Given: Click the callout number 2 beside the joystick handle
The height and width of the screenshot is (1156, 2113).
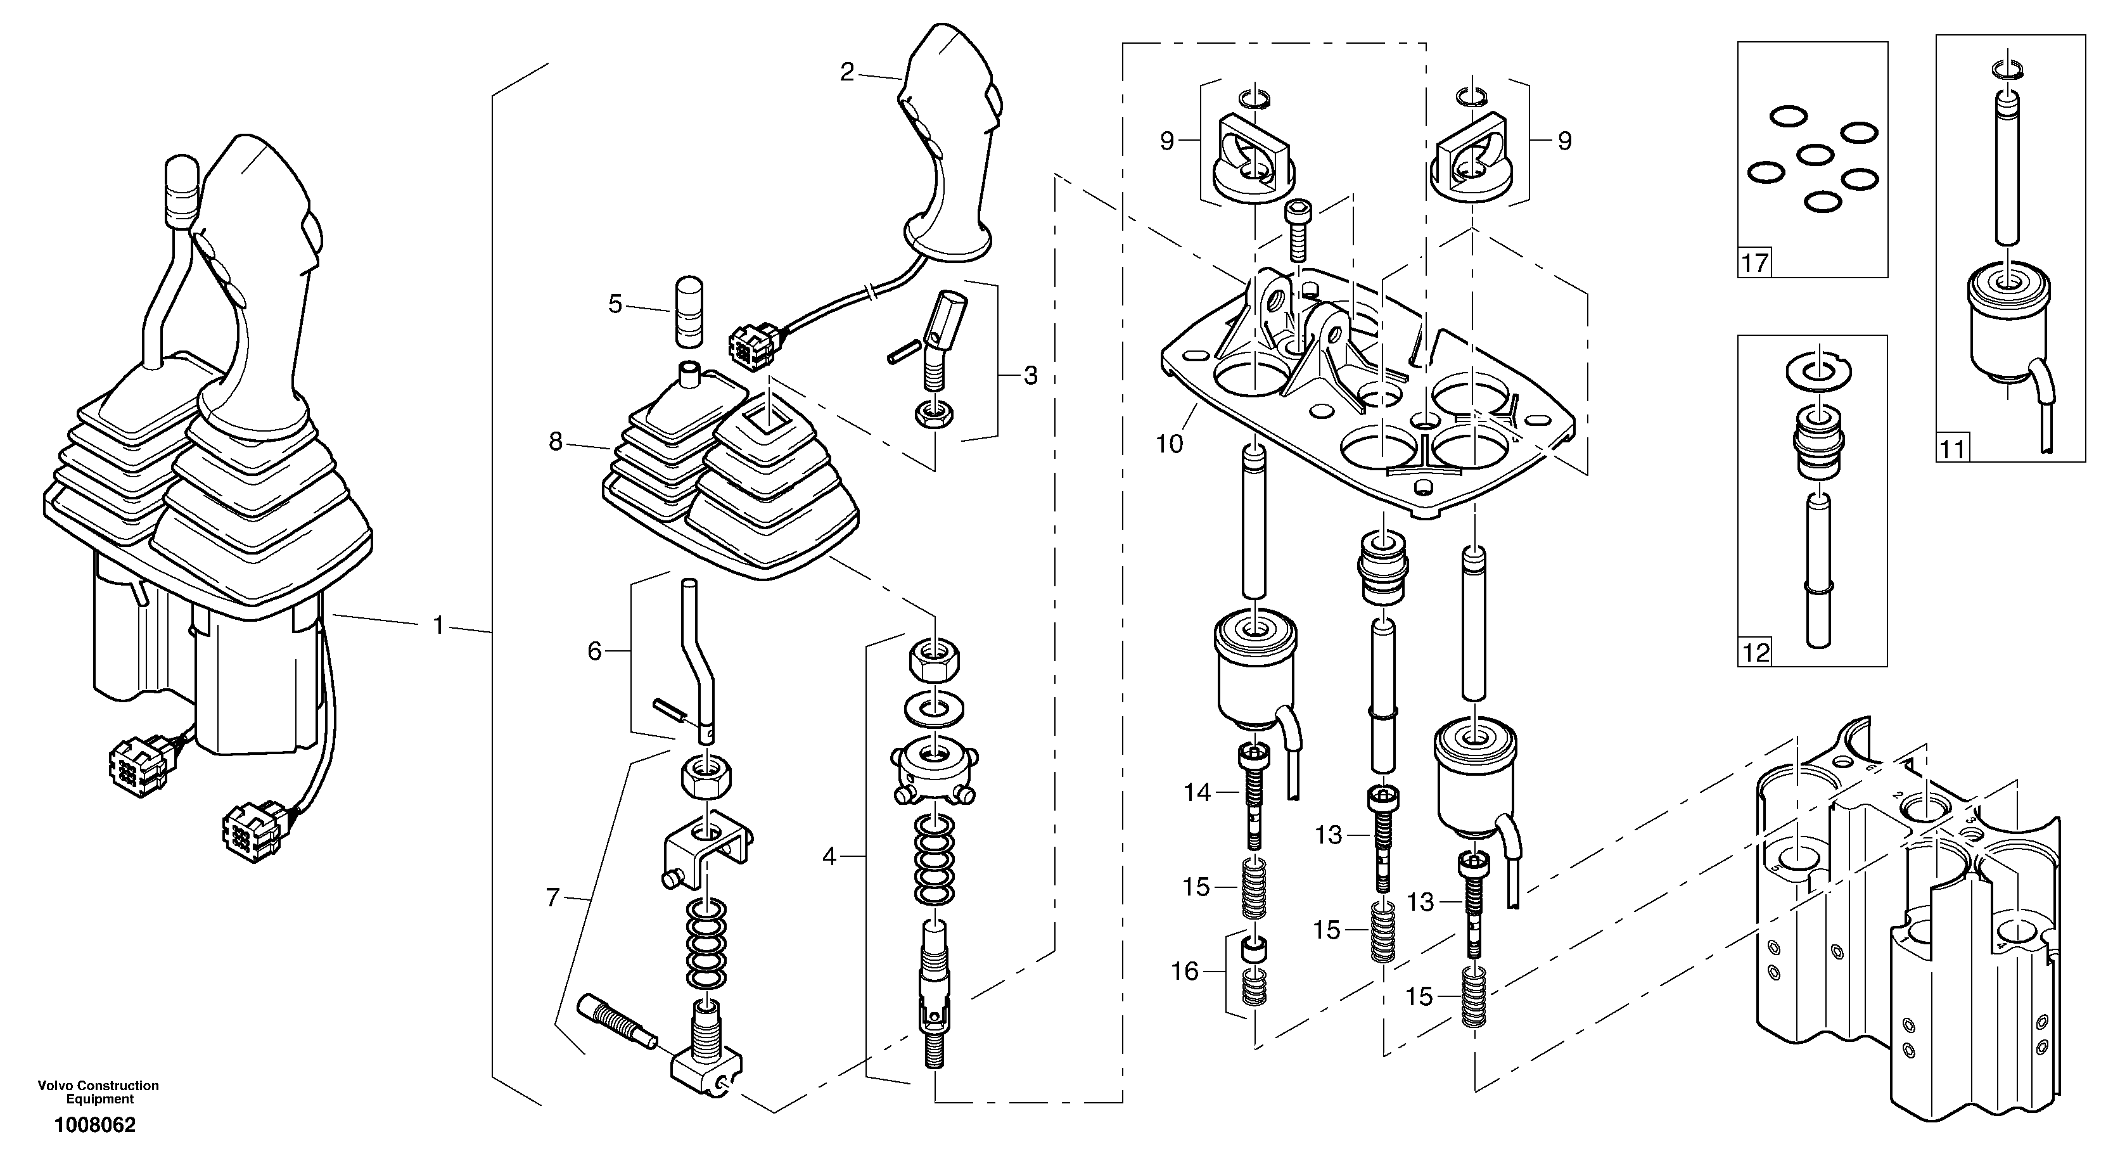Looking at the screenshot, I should [847, 72].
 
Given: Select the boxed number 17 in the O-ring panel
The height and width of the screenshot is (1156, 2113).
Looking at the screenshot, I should [1754, 264].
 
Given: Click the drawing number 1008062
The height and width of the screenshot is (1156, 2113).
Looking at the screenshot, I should [95, 1125].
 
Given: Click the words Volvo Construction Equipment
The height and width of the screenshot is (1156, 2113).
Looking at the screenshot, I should [98, 1092].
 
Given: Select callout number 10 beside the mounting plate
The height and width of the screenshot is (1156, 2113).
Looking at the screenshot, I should [1170, 444].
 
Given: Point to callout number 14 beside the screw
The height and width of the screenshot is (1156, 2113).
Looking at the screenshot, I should [1197, 793].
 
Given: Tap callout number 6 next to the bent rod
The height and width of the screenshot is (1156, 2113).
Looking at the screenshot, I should [595, 652].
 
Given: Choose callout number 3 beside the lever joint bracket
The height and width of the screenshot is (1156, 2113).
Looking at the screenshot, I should [1030, 376].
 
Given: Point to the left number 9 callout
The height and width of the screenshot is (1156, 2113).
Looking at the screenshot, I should [1167, 141].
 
